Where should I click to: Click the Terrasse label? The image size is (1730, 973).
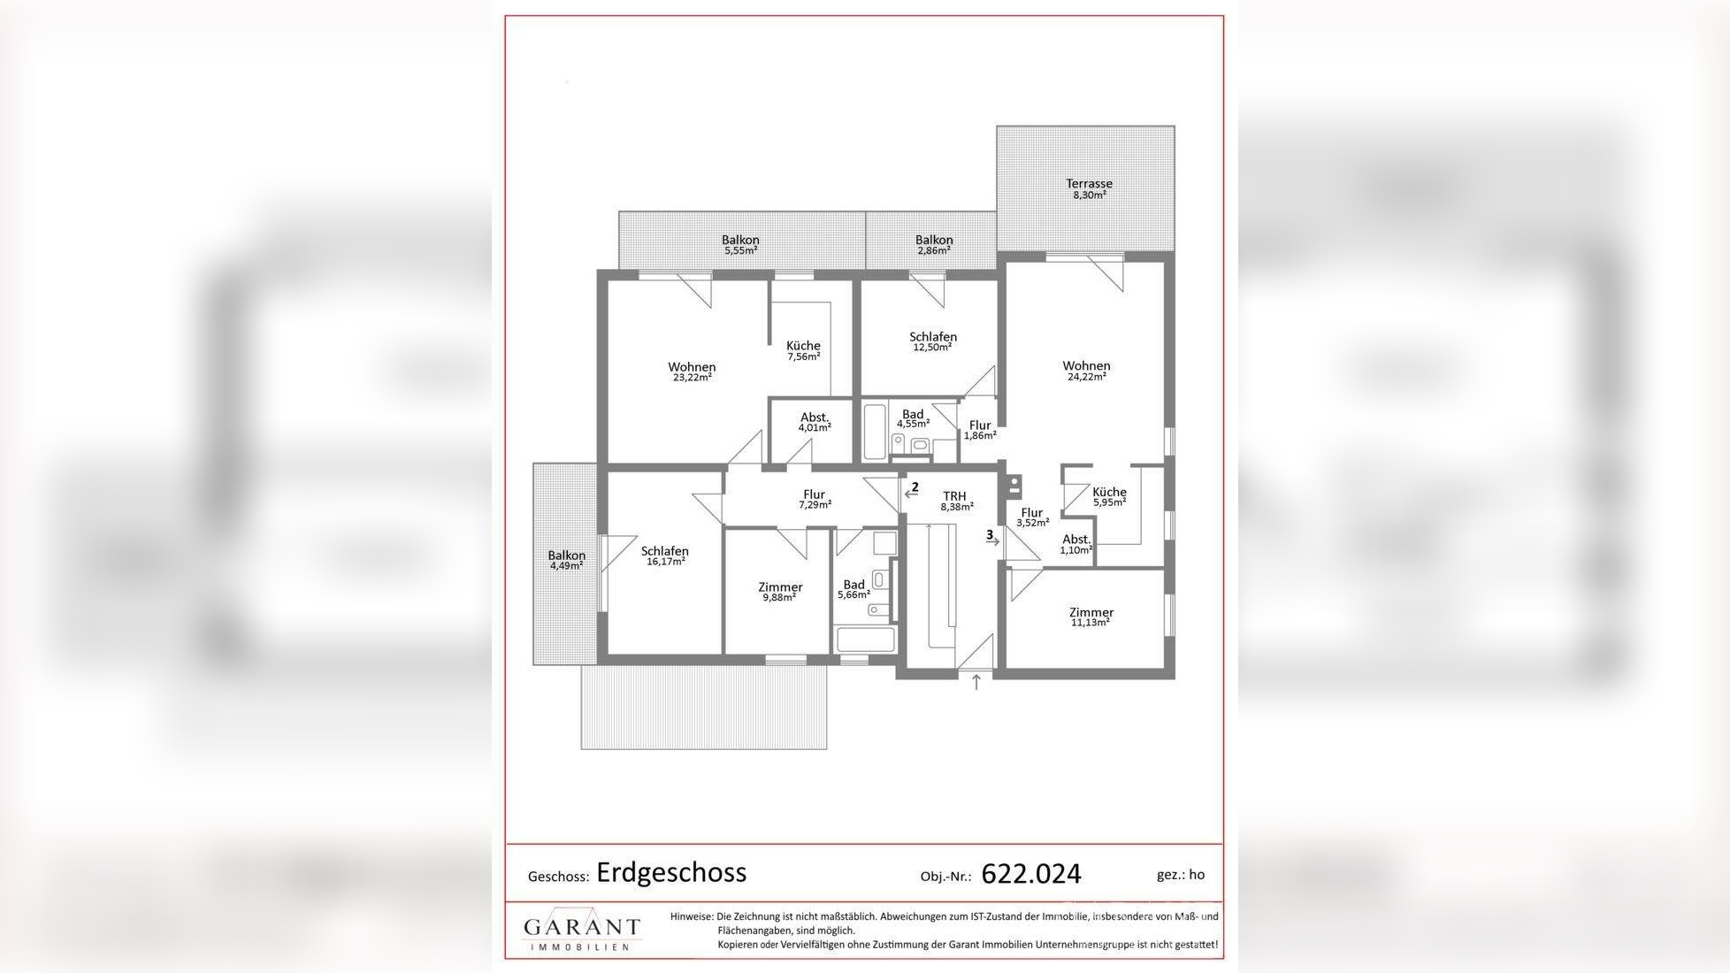coord(1089,184)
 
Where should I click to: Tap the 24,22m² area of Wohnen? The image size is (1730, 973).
coord(1086,377)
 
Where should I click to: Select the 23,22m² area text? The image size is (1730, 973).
coord(692,378)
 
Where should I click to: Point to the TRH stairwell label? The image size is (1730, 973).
coord(954,496)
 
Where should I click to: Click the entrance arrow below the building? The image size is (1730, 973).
coord(976,682)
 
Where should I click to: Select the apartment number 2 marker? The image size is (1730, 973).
coord(915,487)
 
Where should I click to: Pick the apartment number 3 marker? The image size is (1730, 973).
coord(990,535)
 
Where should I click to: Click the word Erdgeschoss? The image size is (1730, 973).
coord(671,872)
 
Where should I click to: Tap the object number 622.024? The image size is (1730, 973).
coord(1031,874)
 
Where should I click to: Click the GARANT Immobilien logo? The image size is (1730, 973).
coord(581,931)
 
